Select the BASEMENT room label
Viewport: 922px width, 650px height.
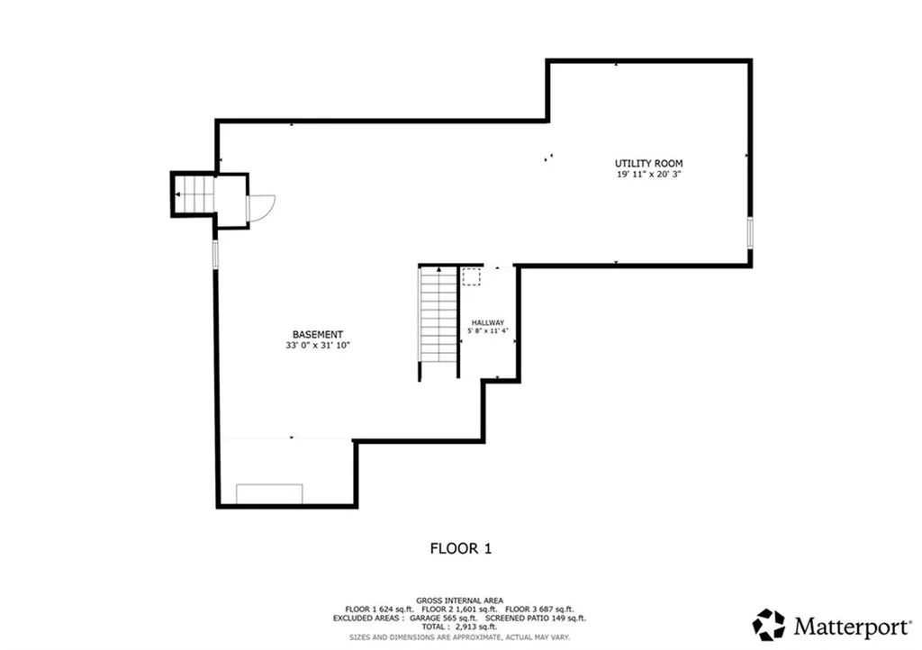tap(317, 334)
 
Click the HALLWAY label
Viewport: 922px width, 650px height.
tap(488, 322)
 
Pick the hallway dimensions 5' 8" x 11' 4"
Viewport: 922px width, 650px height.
tap(488, 331)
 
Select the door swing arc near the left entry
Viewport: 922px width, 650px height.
tap(262, 210)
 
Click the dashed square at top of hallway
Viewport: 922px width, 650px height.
tap(472, 276)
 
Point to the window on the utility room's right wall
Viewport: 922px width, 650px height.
tap(749, 231)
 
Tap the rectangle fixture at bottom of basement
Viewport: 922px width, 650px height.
tap(269, 493)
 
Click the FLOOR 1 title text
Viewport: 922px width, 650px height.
tap(460, 547)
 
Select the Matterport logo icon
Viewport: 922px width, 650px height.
tap(769, 624)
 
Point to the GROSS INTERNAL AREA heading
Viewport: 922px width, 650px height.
tap(460, 600)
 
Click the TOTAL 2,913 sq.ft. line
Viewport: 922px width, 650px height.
tap(460, 627)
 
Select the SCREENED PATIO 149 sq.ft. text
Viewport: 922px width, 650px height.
tap(536, 618)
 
